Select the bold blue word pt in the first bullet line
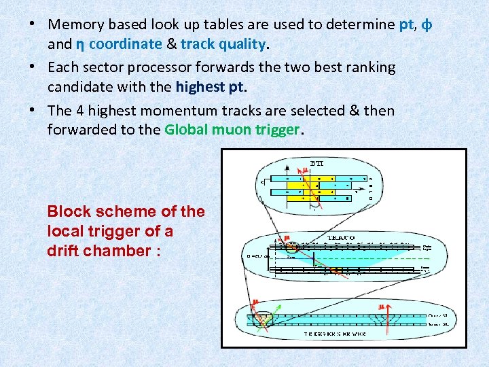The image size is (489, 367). [x=406, y=24]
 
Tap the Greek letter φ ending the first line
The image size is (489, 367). [x=427, y=24]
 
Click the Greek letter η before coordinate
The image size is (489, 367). [x=79, y=45]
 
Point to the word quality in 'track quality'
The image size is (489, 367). [x=242, y=45]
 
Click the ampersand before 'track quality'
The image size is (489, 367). [x=171, y=45]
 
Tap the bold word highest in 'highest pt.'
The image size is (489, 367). [x=200, y=87]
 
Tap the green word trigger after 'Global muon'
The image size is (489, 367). [x=274, y=130]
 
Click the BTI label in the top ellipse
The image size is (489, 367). [x=317, y=163]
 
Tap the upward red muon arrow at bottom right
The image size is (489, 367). [x=384, y=319]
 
